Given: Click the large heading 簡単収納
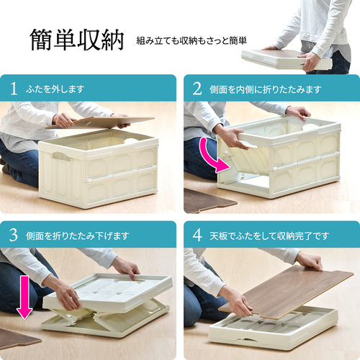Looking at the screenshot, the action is pyautogui.click(x=77, y=40).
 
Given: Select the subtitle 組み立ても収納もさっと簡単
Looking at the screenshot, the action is pyautogui.click(x=192, y=40).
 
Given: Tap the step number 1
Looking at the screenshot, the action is pyautogui.click(x=14, y=89).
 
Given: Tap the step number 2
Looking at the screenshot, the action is pyautogui.click(x=197, y=89).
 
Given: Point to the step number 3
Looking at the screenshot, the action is pyautogui.click(x=14, y=235).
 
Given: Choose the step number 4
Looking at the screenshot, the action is pyautogui.click(x=197, y=235).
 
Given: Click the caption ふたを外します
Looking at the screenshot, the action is pyautogui.click(x=55, y=89).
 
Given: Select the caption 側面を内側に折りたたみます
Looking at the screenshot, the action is pyautogui.click(x=265, y=89).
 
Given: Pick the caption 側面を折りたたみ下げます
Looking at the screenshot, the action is pyautogui.click(x=78, y=236).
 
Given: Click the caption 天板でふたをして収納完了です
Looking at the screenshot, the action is pyautogui.click(x=269, y=236).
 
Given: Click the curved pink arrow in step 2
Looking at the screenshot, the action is pyautogui.click(x=211, y=157).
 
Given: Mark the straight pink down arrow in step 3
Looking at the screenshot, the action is pyautogui.click(x=24, y=297).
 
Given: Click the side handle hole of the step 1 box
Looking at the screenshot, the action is pyautogui.click(x=61, y=157).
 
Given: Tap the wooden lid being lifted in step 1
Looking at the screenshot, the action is pyautogui.click(x=99, y=122).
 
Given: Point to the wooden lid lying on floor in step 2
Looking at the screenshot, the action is pyautogui.click(x=207, y=201).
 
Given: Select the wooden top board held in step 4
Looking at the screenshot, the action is pyautogui.click(x=287, y=292).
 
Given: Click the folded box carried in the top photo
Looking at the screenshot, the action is pyautogui.click(x=287, y=60).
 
